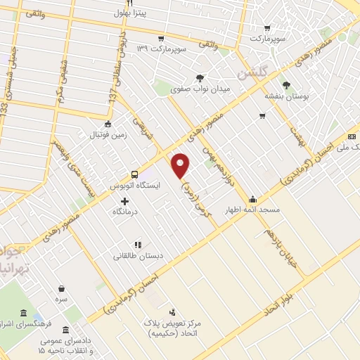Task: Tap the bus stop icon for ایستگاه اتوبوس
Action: [134, 174]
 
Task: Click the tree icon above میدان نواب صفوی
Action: [200, 78]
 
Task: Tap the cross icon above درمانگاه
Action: [124, 201]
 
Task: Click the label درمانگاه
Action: [125, 212]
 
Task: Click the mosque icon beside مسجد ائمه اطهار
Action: [252, 199]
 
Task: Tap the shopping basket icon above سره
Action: [61, 288]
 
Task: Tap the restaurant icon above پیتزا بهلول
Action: [129, 4]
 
